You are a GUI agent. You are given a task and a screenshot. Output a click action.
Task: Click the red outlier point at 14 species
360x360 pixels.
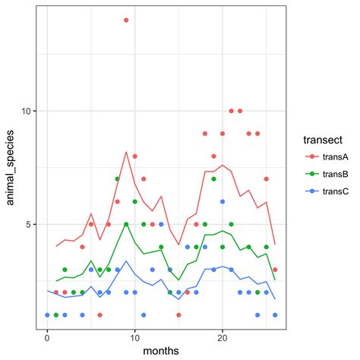click(126, 20)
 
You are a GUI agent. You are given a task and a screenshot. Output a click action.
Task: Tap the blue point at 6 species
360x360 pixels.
click(223, 201)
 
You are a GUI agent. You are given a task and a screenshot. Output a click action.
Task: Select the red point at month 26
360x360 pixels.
click(275, 270)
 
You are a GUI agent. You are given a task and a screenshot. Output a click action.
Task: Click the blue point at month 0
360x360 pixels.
click(47, 314)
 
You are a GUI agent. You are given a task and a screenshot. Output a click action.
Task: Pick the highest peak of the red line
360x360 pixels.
click(126, 152)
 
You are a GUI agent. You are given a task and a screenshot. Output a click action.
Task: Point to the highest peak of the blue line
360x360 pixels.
click(126, 261)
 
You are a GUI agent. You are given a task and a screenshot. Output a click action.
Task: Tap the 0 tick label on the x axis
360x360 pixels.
click(47, 336)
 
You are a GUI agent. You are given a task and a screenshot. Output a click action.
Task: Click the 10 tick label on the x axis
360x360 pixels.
click(134, 336)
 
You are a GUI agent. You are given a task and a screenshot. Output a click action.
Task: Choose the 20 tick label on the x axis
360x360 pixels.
click(223, 336)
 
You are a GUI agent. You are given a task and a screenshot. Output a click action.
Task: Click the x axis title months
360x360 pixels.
click(161, 350)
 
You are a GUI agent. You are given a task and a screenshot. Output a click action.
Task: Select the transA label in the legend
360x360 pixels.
click(336, 156)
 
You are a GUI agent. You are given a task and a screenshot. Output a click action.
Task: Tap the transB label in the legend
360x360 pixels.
click(336, 174)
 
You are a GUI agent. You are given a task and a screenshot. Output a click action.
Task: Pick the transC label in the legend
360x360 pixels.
click(336, 191)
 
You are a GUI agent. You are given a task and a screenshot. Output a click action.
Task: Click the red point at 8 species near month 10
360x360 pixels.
click(134, 156)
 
